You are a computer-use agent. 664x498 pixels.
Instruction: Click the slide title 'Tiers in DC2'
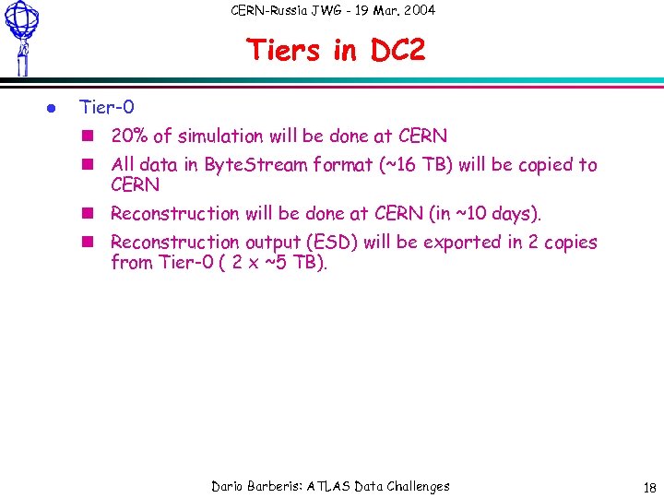click(336, 50)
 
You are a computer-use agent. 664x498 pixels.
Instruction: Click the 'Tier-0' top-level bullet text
click(107, 108)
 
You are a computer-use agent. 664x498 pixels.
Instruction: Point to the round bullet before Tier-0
click(53, 109)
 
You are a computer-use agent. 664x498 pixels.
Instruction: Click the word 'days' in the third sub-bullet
click(515, 213)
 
